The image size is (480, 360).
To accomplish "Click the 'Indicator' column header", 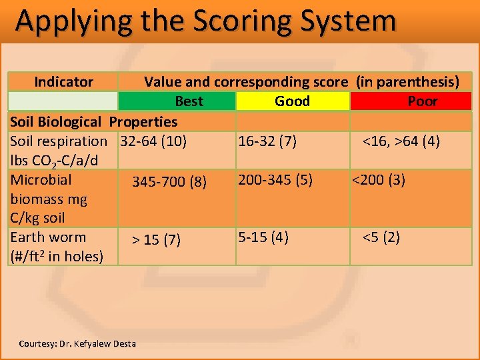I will (x=63, y=82).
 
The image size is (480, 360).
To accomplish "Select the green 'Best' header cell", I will (x=189, y=101).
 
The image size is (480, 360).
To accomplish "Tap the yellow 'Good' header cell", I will (x=292, y=101).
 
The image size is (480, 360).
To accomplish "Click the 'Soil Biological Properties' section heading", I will (x=93, y=121).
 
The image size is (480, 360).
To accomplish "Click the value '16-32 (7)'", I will (x=268, y=141).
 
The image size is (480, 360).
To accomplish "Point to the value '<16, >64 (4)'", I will (x=401, y=141).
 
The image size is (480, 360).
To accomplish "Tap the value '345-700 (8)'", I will (x=169, y=181).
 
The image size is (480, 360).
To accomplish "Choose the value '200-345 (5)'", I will (x=275, y=179).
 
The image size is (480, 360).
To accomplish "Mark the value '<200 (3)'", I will (x=378, y=179).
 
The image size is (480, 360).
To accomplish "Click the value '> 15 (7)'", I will (x=155, y=240).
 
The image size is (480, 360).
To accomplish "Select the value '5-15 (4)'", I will (x=263, y=237).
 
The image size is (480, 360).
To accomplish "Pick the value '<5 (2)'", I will (x=381, y=237).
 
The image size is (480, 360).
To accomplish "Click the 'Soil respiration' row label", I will (x=59, y=141).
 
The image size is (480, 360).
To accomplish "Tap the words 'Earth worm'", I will (x=48, y=237).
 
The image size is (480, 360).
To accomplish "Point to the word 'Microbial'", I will (x=41, y=179).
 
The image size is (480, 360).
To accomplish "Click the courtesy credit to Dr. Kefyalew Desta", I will (x=77, y=344).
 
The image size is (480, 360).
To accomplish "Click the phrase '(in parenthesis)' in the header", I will (x=407, y=82).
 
